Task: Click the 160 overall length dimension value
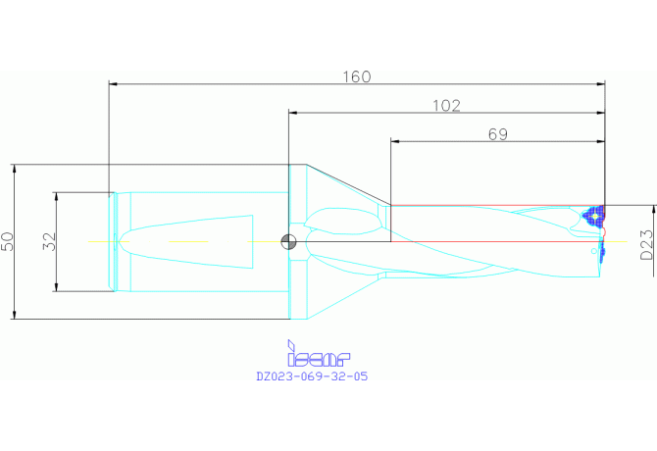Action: pyautogui.click(x=357, y=76)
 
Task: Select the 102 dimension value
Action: pyautogui.click(x=446, y=106)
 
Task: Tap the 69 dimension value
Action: pyautogui.click(x=498, y=134)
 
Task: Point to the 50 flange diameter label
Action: pyautogui.click(x=8, y=241)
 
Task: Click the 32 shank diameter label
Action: pyautogui.click(x=49, y=241)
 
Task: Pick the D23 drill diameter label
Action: pyautogui.click(x=647, y=244)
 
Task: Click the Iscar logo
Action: pyautogui.click(x=319, y=354)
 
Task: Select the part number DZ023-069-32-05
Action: pyautogui.click(x=312, y=376)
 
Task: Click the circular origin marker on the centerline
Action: pyautogui.click(x=288, y=241)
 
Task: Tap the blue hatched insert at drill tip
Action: pyautogui.click(x=594, y=216)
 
